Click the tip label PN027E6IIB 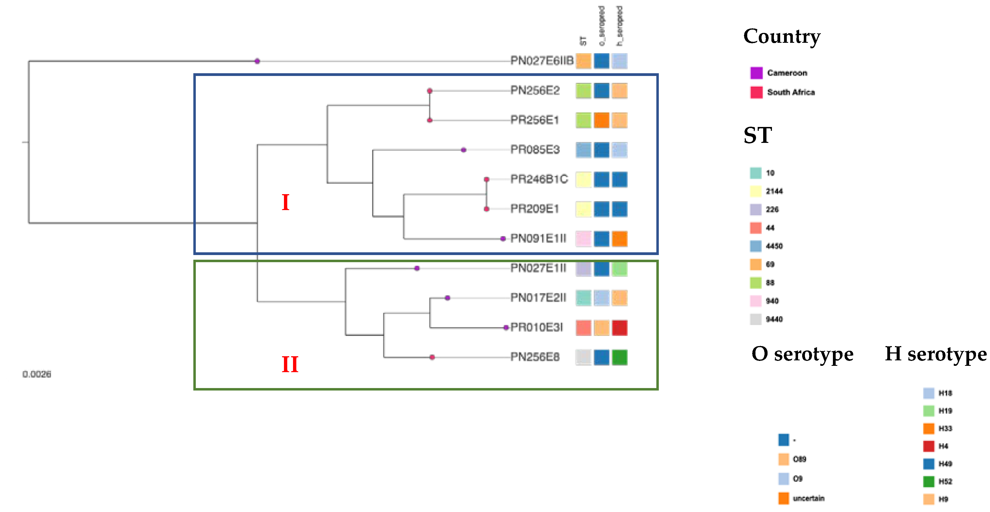[542, 61]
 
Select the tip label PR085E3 [535, 150]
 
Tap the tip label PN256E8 [535, 357]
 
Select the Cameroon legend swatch [756, 73]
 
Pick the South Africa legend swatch [756, 92]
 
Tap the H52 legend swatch [928, 481]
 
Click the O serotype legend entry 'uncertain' [808, 498]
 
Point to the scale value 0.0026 [37, 374]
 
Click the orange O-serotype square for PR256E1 [601, 120]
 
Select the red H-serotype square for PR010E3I [620, 328]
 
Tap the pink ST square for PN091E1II [583, 239]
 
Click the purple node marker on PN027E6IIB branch [257, 61]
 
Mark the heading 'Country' [781, 36]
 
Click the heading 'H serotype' [935, 354]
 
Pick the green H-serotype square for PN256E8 [620, 357]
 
